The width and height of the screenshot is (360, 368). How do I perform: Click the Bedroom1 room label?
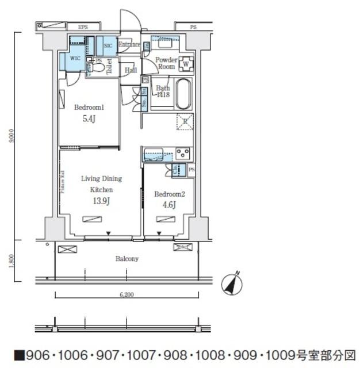point(89,108)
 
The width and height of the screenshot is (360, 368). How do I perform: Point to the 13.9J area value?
point(101,201)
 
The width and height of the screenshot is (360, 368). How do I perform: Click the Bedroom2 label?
point(169,194)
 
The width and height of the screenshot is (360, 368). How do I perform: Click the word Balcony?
point(127,259)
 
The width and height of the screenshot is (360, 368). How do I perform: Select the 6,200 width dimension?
point(127,294)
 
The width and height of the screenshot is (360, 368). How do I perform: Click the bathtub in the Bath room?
point(183,94)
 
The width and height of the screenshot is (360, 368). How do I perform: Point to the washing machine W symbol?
point(187,63)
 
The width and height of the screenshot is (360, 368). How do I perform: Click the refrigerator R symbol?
point(184,121)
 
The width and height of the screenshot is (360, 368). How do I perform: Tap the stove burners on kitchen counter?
point(183,154)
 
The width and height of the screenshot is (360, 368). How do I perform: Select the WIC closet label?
point(75,59)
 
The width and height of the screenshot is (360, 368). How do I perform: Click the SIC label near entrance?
point(108,45)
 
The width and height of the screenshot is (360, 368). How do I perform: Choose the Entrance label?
point(129,44)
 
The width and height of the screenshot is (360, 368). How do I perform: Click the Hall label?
point(130,70)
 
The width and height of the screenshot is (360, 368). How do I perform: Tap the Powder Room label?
point(167,62)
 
